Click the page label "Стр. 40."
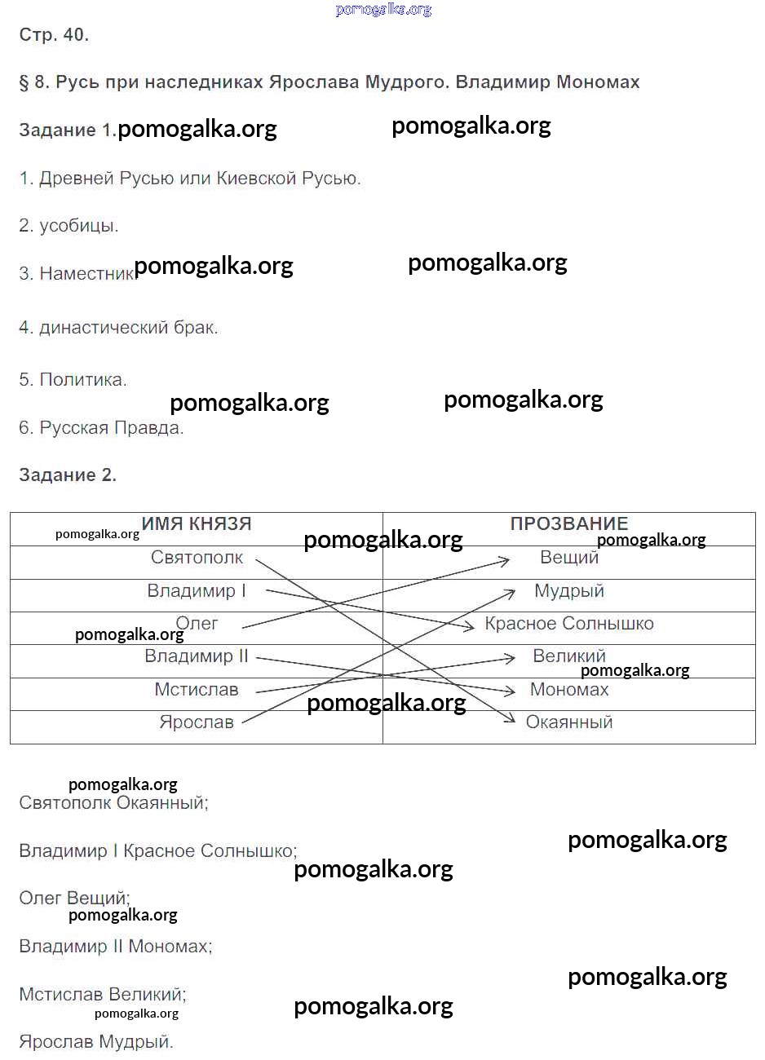[x=54, y=35]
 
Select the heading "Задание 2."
[x=68, y=475]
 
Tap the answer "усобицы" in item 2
[x=79, y=226]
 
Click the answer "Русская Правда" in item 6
[x=111, y=428]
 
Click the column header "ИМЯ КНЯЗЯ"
[x=197, y=524]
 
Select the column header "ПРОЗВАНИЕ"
[x=568, y=524]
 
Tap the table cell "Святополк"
[x=197, y=558]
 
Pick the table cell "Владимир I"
[x=197, y=591]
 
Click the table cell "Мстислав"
[x=197, y=690]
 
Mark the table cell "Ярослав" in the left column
[x=197, y=722]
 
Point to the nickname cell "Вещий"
[x=569, y=558]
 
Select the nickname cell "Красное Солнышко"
[x=569, y=624]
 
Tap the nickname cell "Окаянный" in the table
[x=569, y=722]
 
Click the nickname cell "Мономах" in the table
[x=569, y=690]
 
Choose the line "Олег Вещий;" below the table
[x=74, y=899]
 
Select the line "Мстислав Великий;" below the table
[x=103, y=995]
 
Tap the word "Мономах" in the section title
[x=598, y=82]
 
